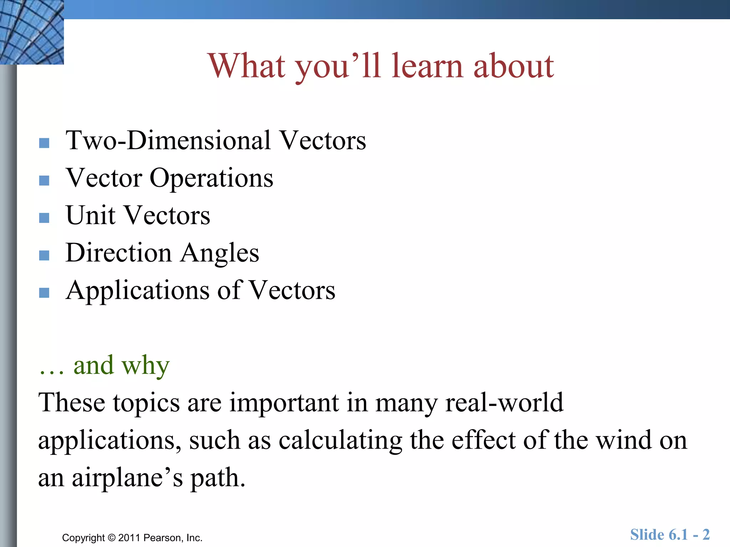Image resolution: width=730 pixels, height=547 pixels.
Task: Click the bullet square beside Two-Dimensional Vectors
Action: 44,143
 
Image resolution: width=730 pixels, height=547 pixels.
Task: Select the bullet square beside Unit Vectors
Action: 44,218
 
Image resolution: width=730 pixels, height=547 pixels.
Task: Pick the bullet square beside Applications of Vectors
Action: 44,293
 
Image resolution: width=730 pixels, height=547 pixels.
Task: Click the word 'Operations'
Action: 211,178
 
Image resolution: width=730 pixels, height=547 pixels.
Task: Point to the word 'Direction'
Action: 118,253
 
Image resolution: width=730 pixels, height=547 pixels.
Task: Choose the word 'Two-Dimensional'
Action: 168,141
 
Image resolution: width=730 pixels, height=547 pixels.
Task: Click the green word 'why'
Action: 145,366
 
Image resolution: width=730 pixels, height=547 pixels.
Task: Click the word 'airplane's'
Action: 127,478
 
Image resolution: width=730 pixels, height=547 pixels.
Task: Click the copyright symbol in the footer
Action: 112,538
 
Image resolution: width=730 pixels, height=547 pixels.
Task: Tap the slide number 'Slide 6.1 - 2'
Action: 670,535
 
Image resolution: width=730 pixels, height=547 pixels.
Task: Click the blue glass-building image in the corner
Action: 31,32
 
